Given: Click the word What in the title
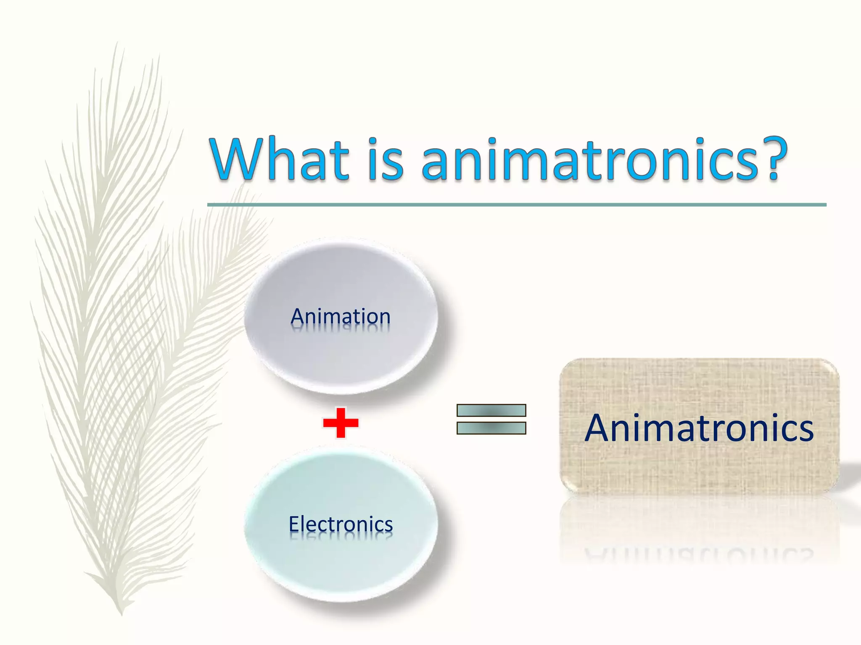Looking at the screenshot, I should point(280,160).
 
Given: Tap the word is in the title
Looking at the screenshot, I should point(386,160).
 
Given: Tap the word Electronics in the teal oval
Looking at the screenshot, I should point(341,524).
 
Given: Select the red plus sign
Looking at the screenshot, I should point(341,422).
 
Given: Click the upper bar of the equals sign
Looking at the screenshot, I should point(491,410).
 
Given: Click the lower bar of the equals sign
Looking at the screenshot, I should point(491,428).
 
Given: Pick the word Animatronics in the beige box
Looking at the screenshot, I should point(699,428).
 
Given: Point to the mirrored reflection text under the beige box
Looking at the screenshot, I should point(699,553).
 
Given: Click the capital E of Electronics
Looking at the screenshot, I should point(294,524).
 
